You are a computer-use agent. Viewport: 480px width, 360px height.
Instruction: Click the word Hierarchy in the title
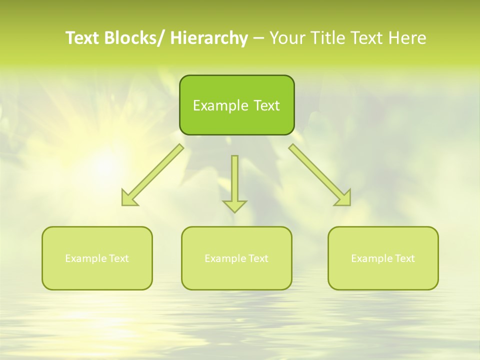(209, 38)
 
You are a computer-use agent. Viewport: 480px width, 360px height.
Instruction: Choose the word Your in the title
(287, 38)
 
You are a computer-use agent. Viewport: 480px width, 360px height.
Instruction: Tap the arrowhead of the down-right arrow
(344, 199)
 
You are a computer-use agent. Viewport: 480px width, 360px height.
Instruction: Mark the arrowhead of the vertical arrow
(234, 205)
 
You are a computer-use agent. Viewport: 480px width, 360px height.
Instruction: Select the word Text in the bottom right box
(404, 258)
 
